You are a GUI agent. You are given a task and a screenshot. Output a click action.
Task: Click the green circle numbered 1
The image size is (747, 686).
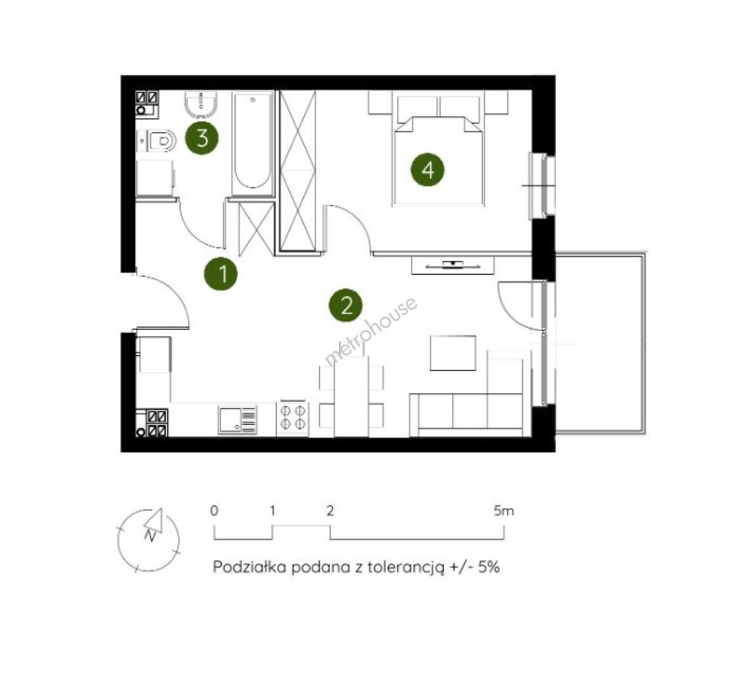click(221, 273)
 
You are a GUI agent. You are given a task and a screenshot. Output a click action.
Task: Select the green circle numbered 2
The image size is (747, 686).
click(346, 306)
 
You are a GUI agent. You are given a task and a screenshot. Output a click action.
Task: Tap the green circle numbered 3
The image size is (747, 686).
click(202, 138)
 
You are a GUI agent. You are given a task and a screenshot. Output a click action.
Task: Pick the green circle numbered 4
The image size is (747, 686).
click(427, 170)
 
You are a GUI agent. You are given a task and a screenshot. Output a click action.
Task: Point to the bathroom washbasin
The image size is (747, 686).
click(201, 105)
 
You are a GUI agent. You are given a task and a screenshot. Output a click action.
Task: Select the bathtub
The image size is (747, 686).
click(253, 143)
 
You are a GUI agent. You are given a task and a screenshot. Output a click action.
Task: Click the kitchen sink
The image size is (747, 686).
click(238, 420)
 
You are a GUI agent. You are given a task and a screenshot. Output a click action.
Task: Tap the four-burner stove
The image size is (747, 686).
click(292, 417)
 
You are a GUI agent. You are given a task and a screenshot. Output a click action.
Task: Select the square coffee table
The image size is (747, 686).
click(453, 353)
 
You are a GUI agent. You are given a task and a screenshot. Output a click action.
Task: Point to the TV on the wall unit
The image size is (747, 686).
click(452, 264)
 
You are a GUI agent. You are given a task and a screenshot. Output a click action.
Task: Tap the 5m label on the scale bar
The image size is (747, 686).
click(504, 511)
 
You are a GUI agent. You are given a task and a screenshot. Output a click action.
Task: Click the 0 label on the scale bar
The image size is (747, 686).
click(215, 511)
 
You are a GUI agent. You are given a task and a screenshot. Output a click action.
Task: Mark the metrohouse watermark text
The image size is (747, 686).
click(371, 331)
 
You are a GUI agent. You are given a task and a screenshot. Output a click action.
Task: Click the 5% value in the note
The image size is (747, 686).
click(489, 567)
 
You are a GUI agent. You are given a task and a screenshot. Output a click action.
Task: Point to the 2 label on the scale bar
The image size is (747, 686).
click(330, 511)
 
